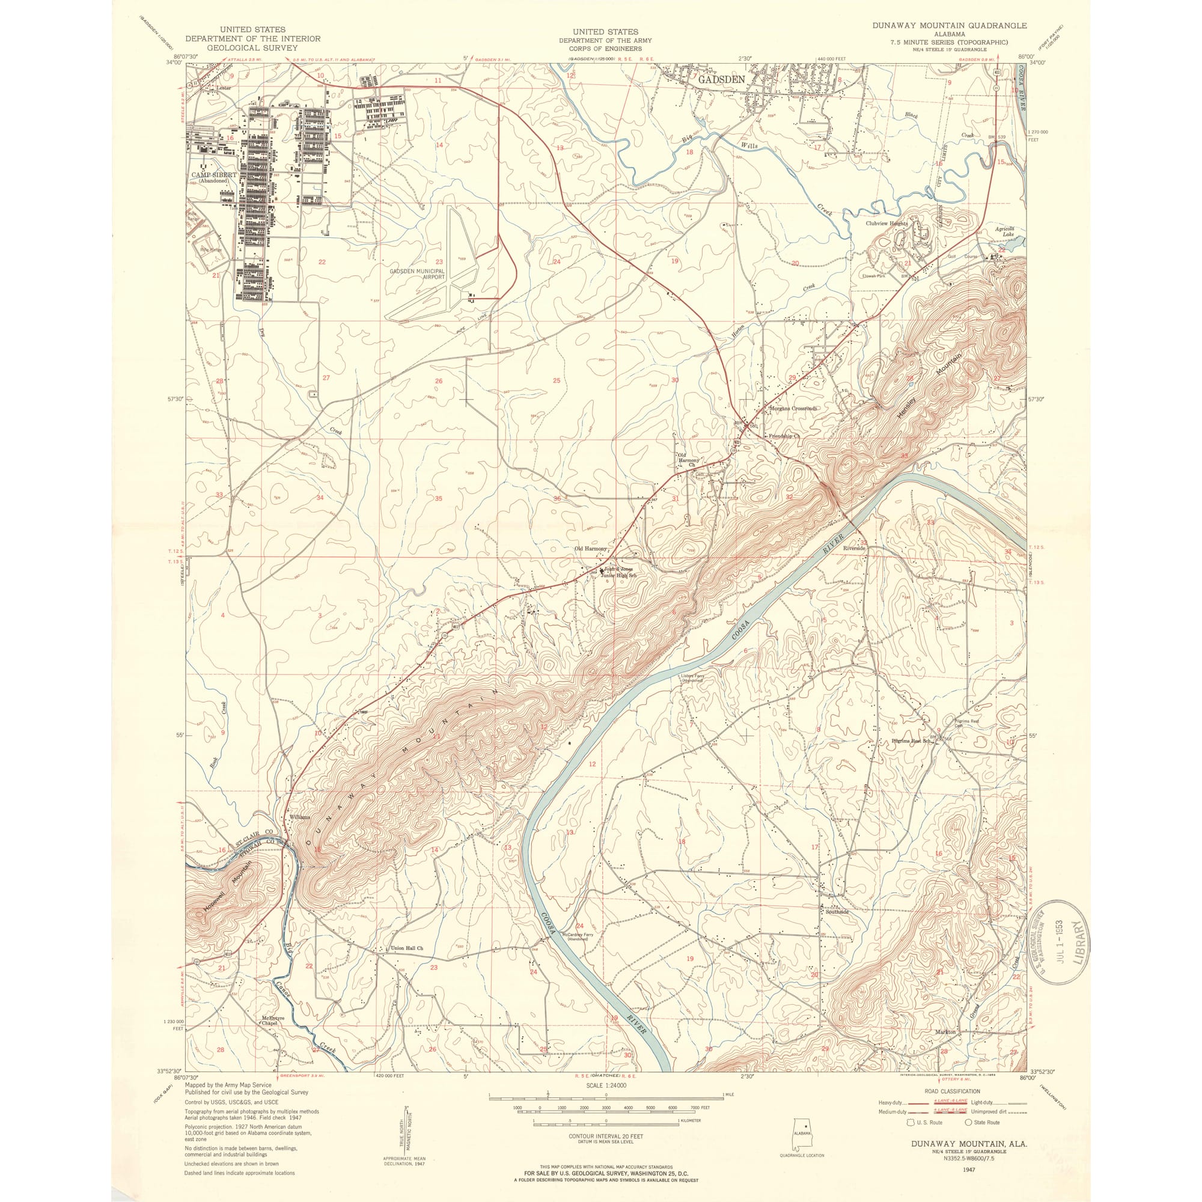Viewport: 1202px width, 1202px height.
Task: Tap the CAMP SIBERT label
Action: pos(213,175)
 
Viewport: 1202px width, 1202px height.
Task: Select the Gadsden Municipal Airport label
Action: pos(418,275)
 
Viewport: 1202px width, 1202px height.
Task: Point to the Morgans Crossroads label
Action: pos(793,409)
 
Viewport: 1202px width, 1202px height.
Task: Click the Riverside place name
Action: pos(853,548)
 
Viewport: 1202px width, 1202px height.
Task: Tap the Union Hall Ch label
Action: pos(407,948)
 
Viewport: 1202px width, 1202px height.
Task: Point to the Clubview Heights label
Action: pos(886,223)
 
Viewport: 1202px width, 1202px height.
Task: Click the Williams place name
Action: pos(299,817)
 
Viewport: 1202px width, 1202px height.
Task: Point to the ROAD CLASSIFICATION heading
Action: pos(952,1091)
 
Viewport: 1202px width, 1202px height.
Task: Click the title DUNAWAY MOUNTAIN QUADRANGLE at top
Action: pos(949,25)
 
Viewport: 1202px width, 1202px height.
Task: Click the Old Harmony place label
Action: pos(590,549)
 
